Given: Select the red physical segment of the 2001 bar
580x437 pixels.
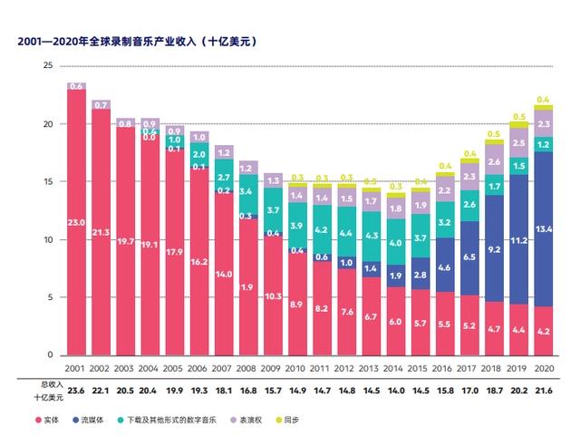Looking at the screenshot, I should (x=76, y=222).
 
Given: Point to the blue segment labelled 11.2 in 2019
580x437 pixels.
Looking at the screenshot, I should (x=518, y=240).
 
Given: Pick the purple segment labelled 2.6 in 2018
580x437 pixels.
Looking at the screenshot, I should (x=494, y=161).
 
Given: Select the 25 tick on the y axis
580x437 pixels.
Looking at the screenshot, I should (x=48, y=66).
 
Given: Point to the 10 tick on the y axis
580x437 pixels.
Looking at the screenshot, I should (x=48, y=239).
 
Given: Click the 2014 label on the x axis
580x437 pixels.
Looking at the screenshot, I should (x=395, y=369).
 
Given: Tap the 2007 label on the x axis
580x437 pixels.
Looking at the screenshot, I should (x=224, y=369).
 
